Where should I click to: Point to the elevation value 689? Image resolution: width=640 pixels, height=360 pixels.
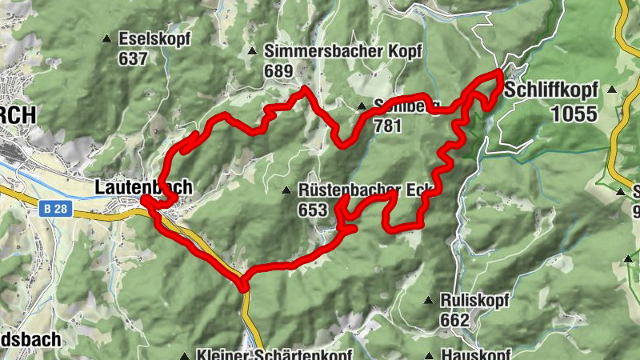tap(278, 70)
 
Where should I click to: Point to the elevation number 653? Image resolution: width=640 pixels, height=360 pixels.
tap(313, 210)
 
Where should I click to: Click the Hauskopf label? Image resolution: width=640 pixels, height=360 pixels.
tap(475, 355)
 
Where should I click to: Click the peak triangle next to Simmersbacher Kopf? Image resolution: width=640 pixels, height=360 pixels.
tap(253, 50)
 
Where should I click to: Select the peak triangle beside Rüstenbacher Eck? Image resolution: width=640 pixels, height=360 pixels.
tap(286, 190)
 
